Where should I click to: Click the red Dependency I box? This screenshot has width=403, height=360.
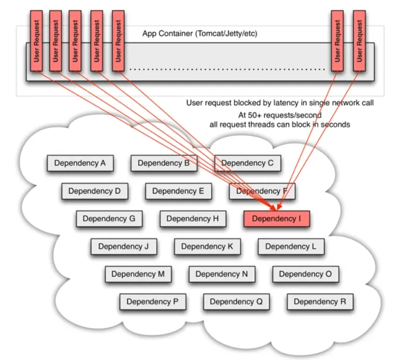point(276,219)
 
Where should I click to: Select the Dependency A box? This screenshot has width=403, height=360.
point(80,163)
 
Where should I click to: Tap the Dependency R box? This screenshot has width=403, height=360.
point(319,301)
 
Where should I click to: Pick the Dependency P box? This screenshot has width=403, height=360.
point(152,301)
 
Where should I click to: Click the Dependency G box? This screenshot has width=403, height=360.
point(109,219)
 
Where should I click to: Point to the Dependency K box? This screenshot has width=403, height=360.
point(207,246)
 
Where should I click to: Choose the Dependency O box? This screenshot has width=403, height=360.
point(305,274)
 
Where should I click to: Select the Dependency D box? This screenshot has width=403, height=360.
point(95,191)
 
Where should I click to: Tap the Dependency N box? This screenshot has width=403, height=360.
point(222,274)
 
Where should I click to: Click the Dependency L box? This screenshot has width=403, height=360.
point(291,246)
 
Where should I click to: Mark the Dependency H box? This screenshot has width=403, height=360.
point(193,219)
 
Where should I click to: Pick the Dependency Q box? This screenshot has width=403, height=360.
point(236,301)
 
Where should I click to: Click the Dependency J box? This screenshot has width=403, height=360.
point(124,246)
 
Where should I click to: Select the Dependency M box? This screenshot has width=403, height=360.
point(138,274)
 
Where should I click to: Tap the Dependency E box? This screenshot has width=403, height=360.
point(178,191)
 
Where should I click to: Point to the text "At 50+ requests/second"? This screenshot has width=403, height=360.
point(279,115)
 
